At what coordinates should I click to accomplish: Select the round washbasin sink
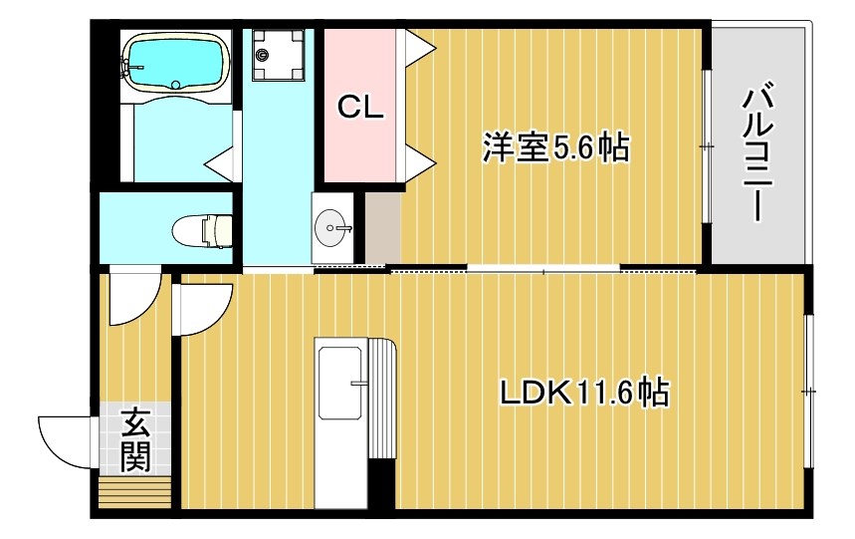pyautogui.click(x=331, y=229)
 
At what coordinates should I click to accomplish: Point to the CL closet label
pyautogui.click(x=359, y=108)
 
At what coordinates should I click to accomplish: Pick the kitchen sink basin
pyautogui.click(x=339, y=383)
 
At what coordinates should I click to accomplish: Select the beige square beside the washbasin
pyautogui.click(x=381, y=228)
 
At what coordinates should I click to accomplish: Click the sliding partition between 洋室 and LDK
pyautogui.click(x=542, y=269)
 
